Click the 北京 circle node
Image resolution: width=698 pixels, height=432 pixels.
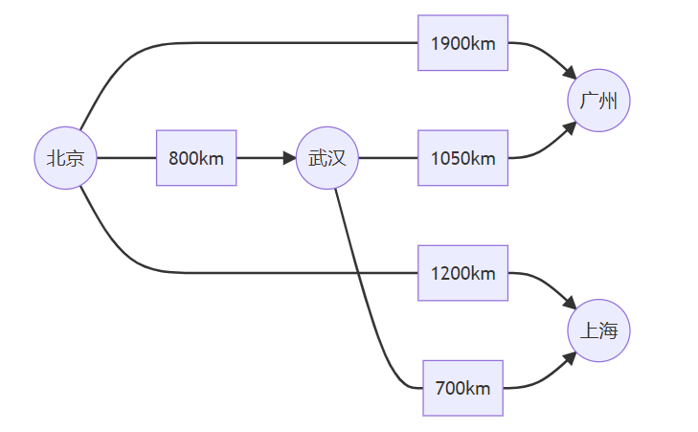point(65,158)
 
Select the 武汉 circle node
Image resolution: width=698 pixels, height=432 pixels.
point(326,158)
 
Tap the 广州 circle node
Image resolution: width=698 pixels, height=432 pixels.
point(598,101)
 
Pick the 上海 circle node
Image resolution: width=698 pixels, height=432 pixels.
point(598,331)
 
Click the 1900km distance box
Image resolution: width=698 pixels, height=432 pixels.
point(462,43)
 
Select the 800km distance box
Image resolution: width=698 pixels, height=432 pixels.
point(196,158)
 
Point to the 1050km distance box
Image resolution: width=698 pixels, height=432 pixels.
point(462,158)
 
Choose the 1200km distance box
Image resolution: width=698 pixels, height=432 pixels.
point(462,273)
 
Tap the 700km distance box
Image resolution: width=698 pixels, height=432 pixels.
point(462,388)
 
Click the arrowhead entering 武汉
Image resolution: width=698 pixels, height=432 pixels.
point(290,158)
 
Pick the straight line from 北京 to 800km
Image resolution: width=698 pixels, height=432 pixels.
point(126,158)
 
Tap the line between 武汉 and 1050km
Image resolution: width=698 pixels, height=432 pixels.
point(388,158)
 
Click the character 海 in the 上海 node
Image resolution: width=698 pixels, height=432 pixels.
point(608,331)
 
